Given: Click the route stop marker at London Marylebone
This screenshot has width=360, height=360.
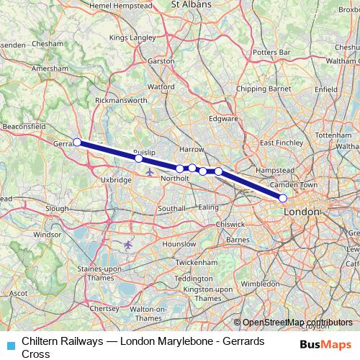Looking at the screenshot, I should tap(283, 198).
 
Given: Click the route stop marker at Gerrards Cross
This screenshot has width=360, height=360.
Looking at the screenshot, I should tap(77, 142).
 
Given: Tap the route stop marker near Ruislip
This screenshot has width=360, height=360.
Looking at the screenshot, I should tap(138, 158).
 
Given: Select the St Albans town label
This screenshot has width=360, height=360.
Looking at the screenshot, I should tap(191, 4).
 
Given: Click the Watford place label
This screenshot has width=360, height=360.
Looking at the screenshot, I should tap(161, 86).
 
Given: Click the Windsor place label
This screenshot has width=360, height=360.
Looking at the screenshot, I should tap(48, 234).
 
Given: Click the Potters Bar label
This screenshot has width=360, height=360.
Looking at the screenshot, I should tap(271, 53).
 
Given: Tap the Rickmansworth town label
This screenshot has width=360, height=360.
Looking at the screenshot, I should tap(121, 100).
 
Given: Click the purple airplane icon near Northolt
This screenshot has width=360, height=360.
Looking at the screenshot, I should tap(149, 171).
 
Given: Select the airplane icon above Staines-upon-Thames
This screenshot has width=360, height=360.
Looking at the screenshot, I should tap(129, 246).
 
